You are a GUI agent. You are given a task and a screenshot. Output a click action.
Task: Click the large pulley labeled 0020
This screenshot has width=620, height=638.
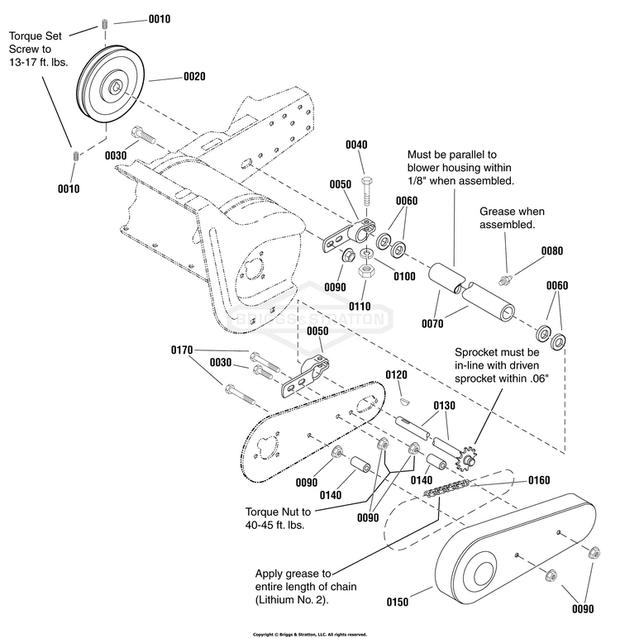[110, 83]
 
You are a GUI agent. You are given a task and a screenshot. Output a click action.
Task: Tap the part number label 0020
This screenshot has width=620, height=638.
[194, 77]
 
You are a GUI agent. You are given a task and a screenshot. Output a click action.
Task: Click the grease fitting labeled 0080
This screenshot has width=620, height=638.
[505, 280]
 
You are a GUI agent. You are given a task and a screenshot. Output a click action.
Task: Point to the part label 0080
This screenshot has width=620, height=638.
[551, 250]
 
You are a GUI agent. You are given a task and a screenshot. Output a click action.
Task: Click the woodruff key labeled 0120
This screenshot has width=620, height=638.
[404, 401]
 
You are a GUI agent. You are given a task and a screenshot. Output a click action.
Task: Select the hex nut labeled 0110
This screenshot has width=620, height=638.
[365, 270]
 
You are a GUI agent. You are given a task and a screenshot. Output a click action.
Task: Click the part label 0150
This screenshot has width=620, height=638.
[397, 602]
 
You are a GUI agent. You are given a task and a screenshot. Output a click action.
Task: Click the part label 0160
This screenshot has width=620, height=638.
[539, 480]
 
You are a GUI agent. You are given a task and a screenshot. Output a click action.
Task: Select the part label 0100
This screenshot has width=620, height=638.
[404, 276]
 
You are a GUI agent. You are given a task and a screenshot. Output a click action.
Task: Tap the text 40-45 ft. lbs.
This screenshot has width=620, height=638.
[274, 525]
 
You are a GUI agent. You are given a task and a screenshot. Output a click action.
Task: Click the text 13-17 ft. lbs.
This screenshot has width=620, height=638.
[38, 62]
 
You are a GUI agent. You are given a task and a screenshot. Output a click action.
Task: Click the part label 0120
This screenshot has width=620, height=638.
[396, 374]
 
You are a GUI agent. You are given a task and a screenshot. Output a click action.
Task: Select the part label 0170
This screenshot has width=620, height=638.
[182, 350]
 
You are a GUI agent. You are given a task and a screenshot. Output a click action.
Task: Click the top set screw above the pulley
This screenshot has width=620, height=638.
[105, 24]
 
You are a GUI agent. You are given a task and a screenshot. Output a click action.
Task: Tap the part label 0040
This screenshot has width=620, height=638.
[356, 145]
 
